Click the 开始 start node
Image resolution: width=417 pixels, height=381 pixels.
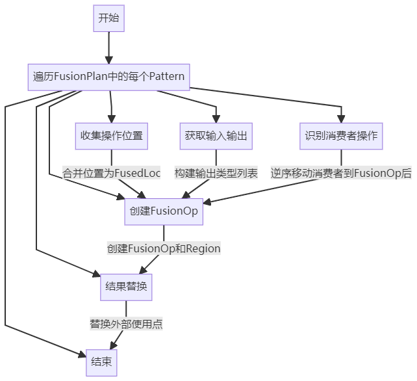108,19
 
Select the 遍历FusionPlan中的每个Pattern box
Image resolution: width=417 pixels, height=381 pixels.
108,77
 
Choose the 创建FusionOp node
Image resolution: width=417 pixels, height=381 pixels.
163,211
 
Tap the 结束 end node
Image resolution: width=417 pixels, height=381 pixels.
102,362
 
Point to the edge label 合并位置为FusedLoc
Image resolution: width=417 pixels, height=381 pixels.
111,173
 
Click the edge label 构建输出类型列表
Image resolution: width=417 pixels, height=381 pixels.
216,173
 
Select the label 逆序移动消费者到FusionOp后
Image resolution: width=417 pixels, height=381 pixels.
341,173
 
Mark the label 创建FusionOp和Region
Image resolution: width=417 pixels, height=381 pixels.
163,248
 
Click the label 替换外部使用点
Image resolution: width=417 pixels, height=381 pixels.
126,324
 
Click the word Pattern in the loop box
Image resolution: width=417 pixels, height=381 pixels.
166,77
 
